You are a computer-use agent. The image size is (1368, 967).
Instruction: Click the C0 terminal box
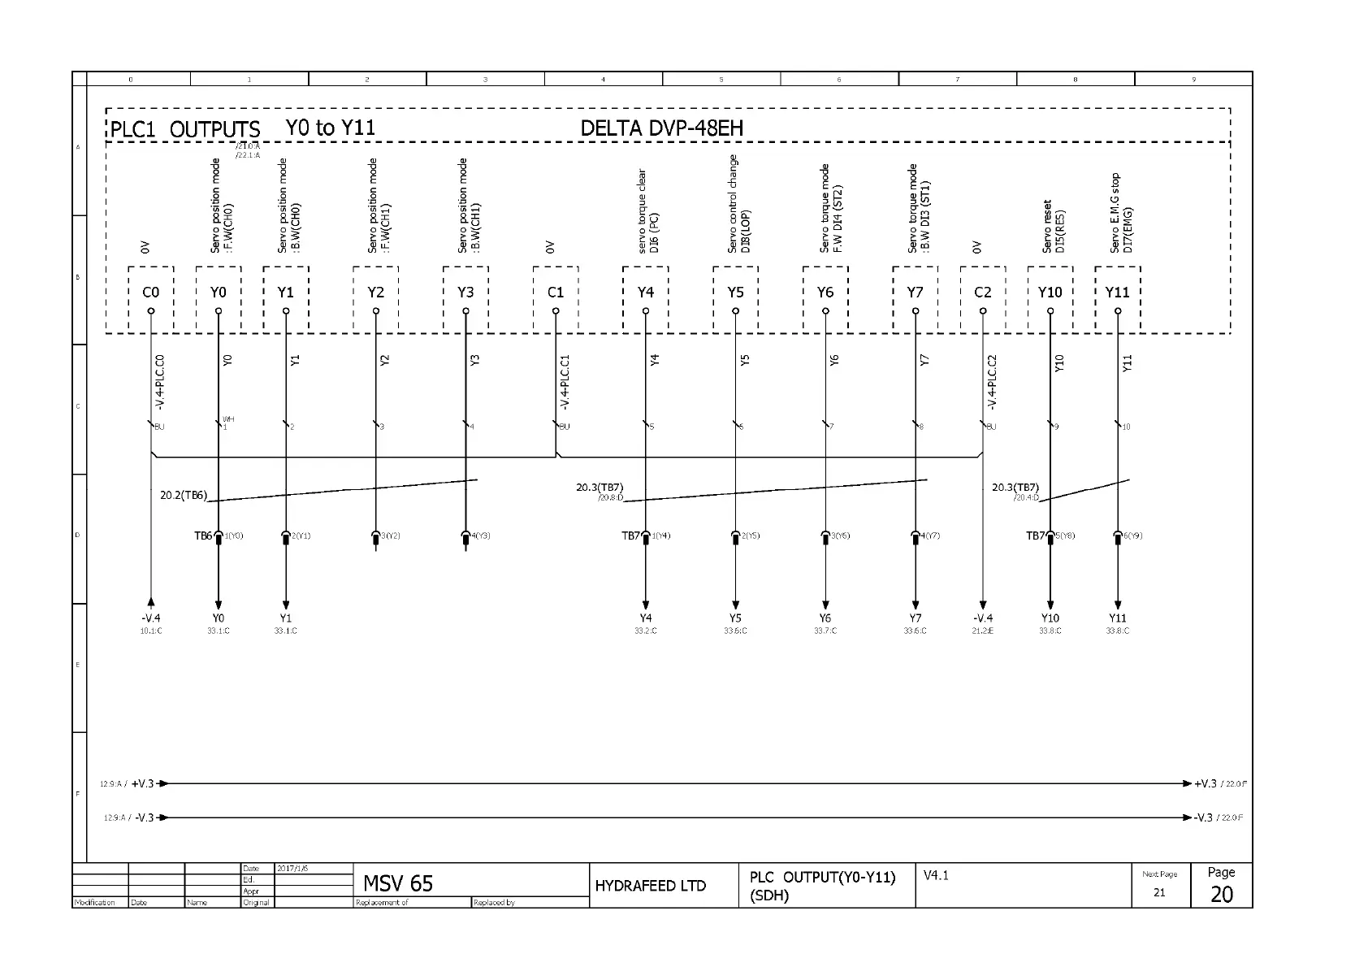[x=150, y=293]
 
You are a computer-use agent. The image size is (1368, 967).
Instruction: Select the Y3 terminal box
[x=465, y=293]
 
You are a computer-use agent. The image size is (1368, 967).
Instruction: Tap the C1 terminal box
[x=556, y=293]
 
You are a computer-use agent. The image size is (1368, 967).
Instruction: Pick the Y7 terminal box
[x=915, y=293]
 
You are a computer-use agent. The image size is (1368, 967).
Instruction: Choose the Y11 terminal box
[x=1117, y=293]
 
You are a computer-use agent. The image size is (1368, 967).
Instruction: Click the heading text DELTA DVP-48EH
[x=661, y=128]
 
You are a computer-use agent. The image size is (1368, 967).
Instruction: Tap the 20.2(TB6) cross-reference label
[x=184, y=495]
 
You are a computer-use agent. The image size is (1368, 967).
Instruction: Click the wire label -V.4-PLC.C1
[x=565, y=382]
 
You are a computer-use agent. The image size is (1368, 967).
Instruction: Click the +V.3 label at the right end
[x=1205, y=783]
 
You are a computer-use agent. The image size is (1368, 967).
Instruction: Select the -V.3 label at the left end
[x=144, y=817]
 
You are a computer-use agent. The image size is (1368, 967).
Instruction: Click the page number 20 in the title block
[x=1221, y=894]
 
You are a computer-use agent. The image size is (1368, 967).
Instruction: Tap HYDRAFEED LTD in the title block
[x=650, y=886]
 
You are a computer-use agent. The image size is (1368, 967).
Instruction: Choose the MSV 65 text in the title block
[x=398, y=883]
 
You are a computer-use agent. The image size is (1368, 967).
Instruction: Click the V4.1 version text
[x=936, y=875]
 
